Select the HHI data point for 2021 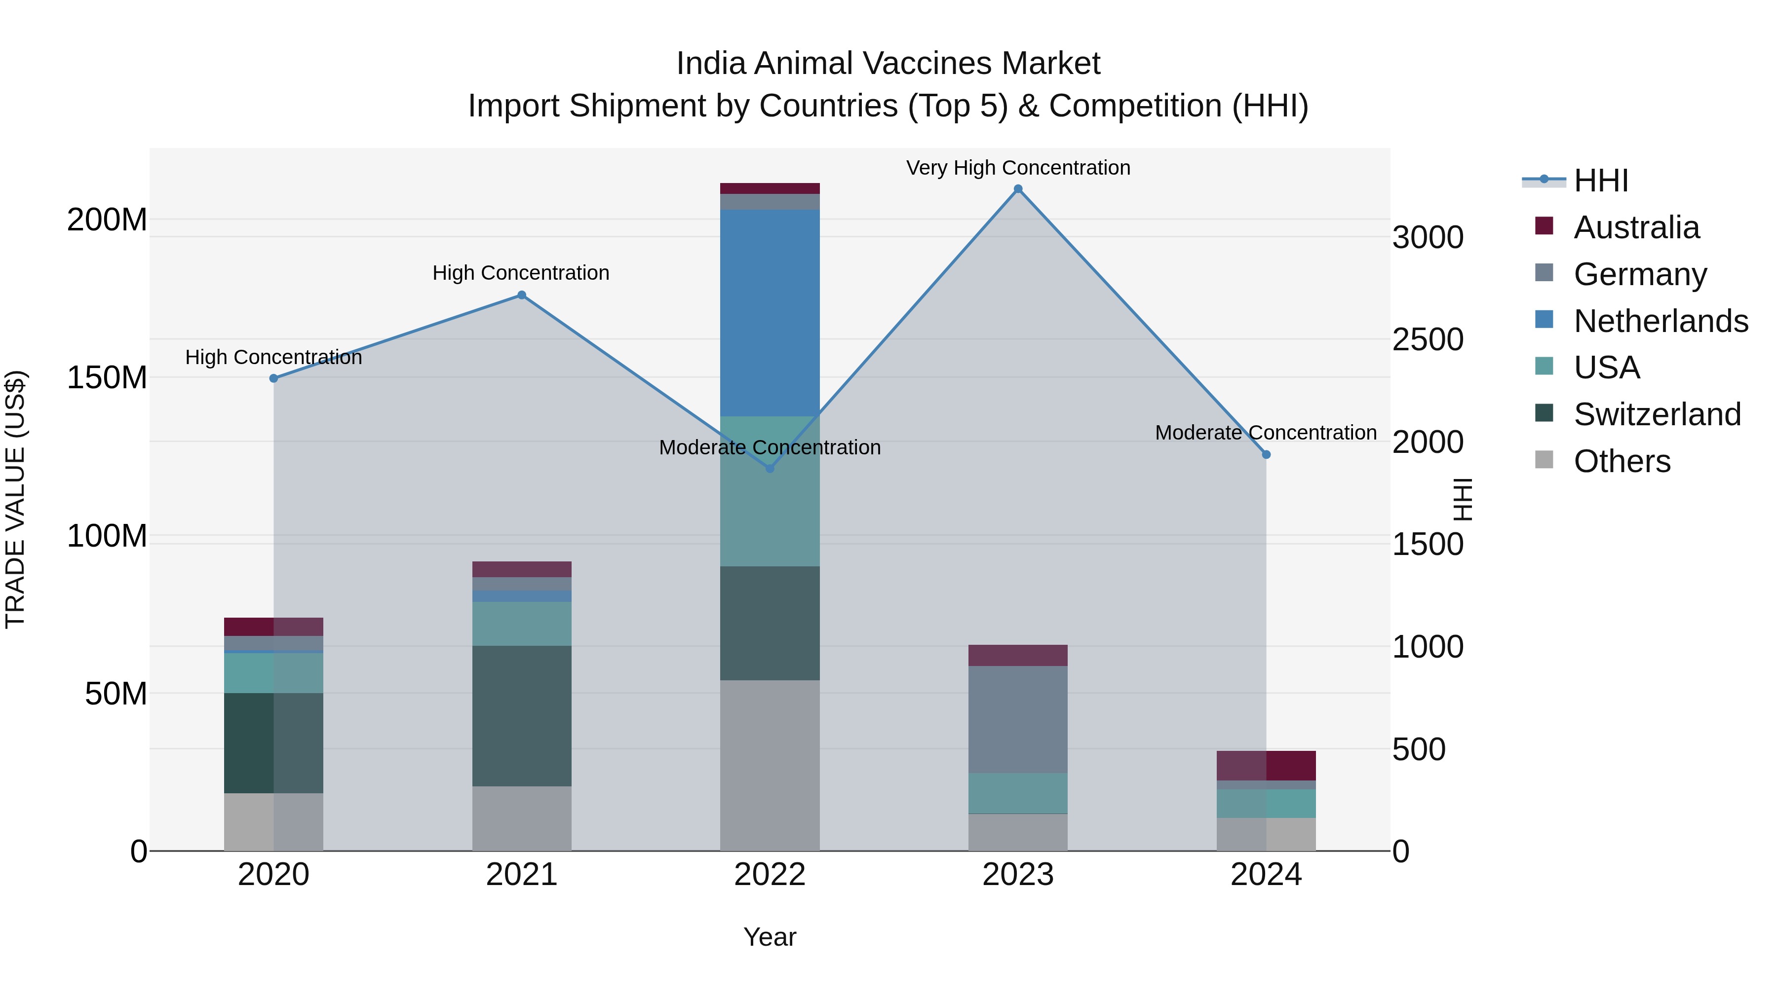[522, 295]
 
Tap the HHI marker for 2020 [274, 378]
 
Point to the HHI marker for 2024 [1266, 454]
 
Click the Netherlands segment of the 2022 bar [770, 312]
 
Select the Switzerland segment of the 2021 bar [522, 716]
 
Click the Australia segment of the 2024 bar [1266, 765]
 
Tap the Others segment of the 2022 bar [770, 765]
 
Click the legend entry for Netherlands [1661, 321]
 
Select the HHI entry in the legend [1600, 181]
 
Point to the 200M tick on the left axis [107, 220]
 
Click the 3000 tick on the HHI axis [1427, 237]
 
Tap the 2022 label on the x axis [770, 875]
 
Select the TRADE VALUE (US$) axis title [15, 499]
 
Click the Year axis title [770, 937]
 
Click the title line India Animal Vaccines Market [888, 64]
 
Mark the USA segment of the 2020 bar [274, 672]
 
